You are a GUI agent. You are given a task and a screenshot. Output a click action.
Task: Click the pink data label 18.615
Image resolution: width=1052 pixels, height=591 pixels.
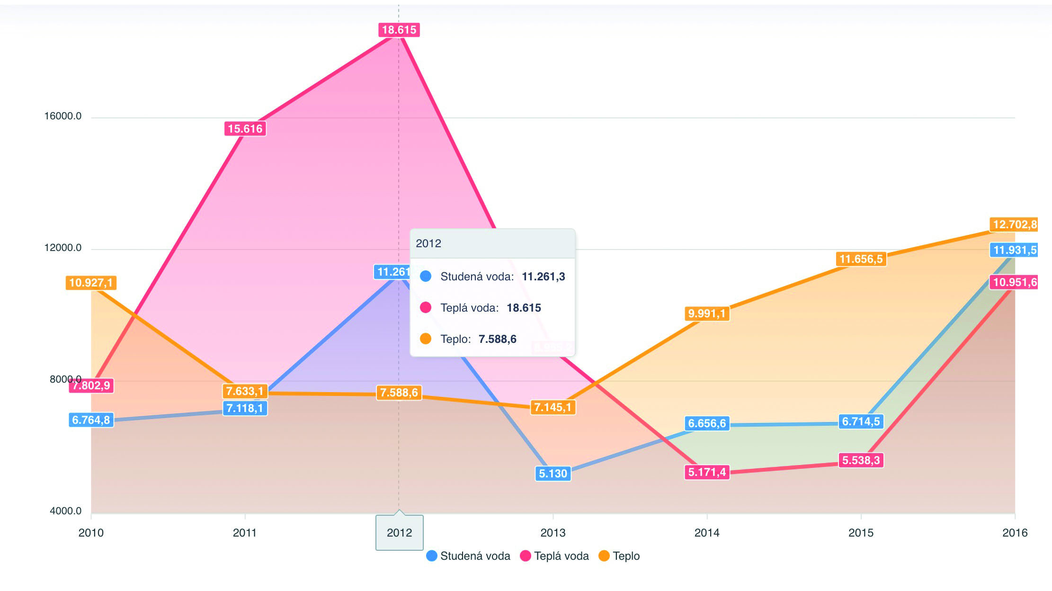(399, 30)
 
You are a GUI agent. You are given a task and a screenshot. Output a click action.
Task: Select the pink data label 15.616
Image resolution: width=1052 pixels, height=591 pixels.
(245, 129)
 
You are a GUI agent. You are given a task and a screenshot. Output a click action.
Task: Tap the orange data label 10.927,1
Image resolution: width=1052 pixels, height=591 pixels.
(91, 283)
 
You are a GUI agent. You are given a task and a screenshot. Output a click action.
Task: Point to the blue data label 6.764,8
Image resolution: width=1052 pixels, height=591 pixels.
(91, 420)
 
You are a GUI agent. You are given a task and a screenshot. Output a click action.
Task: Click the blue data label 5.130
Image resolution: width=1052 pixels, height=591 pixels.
(553, 474)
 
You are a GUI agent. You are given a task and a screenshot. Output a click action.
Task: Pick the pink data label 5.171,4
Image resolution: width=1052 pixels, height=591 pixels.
(707, 472)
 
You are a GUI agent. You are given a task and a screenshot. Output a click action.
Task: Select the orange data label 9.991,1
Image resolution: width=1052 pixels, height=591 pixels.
(707, 313)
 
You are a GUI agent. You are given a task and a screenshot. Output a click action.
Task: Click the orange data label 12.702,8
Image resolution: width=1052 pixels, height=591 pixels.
(1014, 224)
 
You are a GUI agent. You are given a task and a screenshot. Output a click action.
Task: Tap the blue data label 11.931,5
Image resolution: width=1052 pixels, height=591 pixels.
(1014, 250)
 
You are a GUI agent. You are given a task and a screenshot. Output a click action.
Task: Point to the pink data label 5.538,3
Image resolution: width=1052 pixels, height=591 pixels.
(861, 460)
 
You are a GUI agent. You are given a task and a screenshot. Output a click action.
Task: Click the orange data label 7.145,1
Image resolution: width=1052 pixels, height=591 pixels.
(553, 407)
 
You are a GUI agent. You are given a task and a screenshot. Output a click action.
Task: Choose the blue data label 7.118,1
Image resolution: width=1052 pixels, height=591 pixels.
(245, 408)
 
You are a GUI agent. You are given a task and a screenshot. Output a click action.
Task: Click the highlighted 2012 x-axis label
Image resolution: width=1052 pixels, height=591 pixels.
(399, 533)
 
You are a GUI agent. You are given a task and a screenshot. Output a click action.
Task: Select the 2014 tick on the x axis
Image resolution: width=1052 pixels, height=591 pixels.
(707, 533)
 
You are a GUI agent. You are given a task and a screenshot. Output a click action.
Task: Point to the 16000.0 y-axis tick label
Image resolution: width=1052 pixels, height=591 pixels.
(63, 116)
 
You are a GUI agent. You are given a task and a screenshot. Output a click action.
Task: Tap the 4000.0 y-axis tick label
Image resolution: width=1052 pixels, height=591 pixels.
(66, 511)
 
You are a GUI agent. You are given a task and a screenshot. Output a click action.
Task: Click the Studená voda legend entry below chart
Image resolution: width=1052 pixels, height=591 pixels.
(468, 556)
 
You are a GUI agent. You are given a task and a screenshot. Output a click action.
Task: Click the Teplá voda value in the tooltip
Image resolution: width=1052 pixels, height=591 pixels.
(524, 308)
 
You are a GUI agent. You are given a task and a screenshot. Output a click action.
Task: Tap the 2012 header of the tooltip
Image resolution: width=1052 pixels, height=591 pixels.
(428, 243)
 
